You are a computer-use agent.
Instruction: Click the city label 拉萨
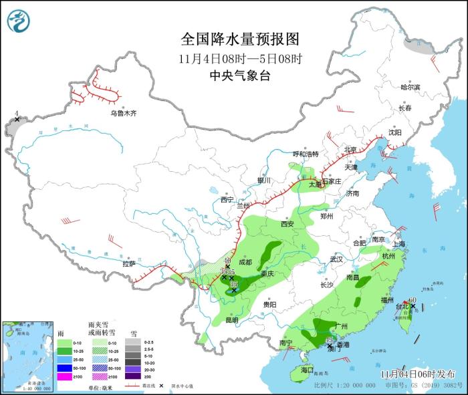pyautogui.click(x=129, y=264)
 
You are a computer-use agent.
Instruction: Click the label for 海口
pyautogui.click(x=307, y=370)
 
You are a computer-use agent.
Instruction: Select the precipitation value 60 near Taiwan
pyautogui.click(x=413, y=299)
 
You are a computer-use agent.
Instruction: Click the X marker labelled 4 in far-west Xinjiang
pyautogui.click(x=17, y=119)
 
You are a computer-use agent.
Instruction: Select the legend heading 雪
pyautogui.click(x=133, y=332)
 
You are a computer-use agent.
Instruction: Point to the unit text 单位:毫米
pyautogui.click(x=100, y=387)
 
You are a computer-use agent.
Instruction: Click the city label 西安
pyautogui.click(x=287, y=224)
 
